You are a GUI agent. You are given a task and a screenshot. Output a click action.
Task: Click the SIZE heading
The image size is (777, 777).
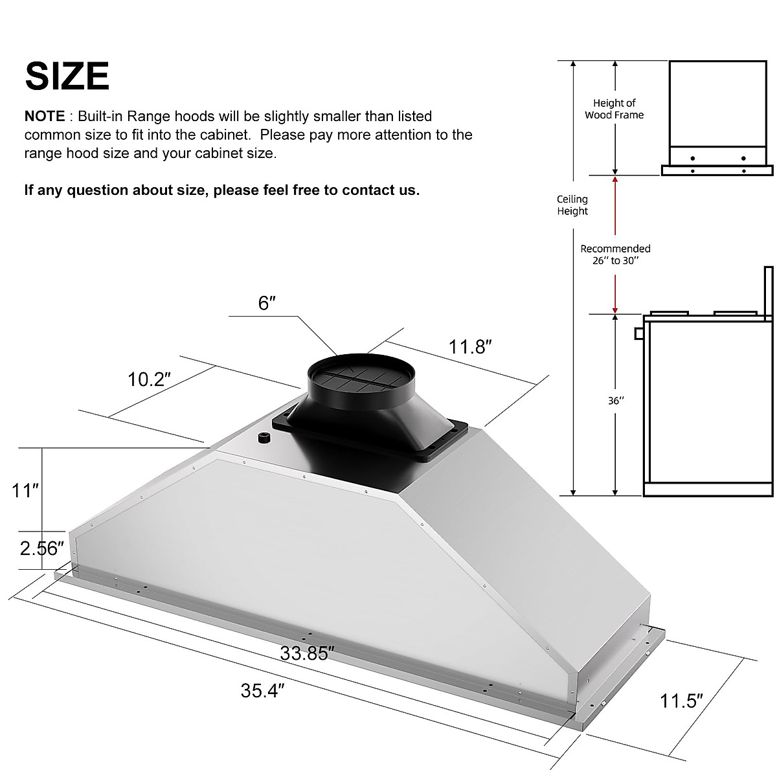[x=67, y=76]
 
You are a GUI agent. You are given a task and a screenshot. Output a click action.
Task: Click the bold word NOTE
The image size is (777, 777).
[x=44, y=117]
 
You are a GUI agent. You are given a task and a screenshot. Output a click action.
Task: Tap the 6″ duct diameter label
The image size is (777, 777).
[x=267, y=302]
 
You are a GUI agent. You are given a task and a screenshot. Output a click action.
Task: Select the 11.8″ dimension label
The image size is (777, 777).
[x=471, y=346]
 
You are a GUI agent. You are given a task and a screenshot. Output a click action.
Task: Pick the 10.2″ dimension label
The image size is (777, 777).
[x=150, y=379]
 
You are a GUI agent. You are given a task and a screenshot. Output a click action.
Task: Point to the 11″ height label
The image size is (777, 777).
[x=25, y=491]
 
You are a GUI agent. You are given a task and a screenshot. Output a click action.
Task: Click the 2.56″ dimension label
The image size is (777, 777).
[x=41, y=548]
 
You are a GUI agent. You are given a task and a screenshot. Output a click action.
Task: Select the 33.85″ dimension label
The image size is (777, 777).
[x=307, y=653]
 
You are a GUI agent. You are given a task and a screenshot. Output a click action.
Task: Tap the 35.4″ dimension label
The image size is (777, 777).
[x=263, y=691]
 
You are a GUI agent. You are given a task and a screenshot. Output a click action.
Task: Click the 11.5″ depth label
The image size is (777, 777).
[x=682, y=700]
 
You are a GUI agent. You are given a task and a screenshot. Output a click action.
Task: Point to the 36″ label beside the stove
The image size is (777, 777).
[x=616, y=401]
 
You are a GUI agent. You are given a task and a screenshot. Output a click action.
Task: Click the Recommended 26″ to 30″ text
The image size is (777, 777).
[x=615, y=254]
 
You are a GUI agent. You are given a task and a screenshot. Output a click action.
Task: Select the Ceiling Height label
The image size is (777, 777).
[x=572, y=205]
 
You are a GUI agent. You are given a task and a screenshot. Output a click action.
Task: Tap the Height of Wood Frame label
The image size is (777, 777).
[x=614, y=109]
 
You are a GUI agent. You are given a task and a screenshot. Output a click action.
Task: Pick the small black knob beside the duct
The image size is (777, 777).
[x=264, y=438]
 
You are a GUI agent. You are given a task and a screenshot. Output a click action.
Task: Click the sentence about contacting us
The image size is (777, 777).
[x=222, y=190]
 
